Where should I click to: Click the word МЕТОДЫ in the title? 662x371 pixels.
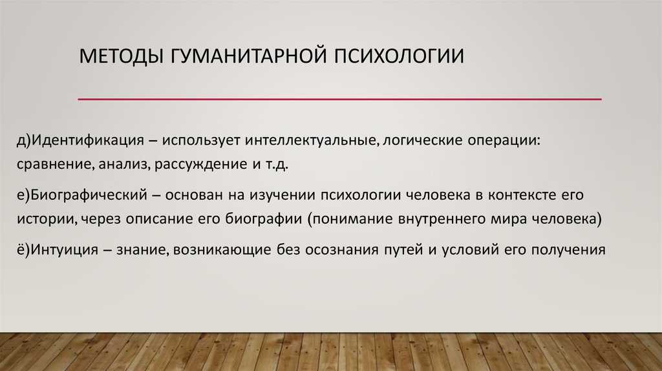121,57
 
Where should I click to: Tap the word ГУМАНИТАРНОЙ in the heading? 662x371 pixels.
249,56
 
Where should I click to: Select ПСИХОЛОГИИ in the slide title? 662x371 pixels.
400,56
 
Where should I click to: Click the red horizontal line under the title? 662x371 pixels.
340,99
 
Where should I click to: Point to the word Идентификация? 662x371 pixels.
87,140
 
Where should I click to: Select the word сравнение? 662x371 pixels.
54,164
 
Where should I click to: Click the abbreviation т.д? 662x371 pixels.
277,164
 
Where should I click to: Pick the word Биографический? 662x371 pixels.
89,195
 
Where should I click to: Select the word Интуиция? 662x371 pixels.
65,250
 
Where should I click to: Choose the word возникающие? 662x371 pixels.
222,250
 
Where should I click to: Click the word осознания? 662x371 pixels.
342,250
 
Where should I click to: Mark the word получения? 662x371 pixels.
568,250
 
